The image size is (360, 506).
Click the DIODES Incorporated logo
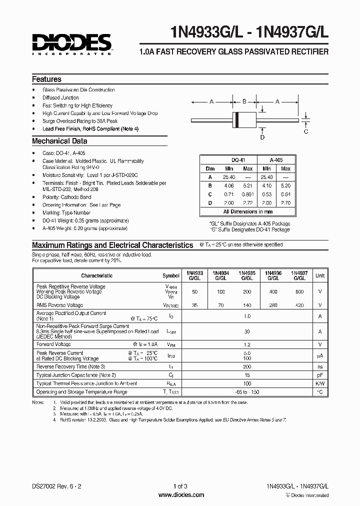71,44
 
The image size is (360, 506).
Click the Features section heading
46,79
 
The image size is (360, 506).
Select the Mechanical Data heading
59,141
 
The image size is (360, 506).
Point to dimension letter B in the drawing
244,102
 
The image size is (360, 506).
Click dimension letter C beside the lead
306,131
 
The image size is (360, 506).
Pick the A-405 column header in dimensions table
276,160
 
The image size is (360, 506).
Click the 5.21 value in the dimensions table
248,185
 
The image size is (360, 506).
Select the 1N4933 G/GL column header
195,275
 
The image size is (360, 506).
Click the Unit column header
320,275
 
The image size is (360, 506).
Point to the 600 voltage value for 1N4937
299,291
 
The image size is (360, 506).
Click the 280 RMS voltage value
273,305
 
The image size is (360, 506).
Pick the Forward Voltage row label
53,344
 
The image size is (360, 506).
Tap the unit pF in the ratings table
320,375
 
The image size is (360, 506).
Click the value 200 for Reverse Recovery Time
247,366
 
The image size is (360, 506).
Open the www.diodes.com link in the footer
181,495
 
